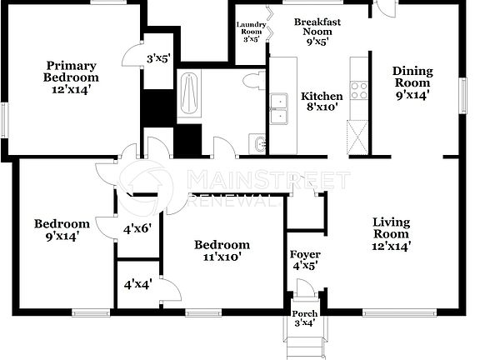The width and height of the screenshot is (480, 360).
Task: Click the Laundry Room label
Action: click(x=251, y=32)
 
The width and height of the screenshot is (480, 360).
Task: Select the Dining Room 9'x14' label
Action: click(x=412, y=82)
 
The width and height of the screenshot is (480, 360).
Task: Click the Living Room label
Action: click(x=392, y=232)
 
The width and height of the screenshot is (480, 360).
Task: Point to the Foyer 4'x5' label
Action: click(x=305, y=259)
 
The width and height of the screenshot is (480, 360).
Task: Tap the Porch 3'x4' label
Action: click(x=304, y=318)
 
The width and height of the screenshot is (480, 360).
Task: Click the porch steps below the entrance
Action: click(x=304, y=342)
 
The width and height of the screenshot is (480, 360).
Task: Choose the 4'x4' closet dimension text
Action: click(x=137, y=283)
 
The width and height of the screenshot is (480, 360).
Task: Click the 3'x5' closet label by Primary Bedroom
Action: click(x=158, y=58)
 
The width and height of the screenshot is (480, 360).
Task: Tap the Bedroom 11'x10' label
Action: click(x=222, y=251)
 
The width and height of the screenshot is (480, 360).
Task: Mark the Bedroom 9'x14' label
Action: click(x=61, y=230)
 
